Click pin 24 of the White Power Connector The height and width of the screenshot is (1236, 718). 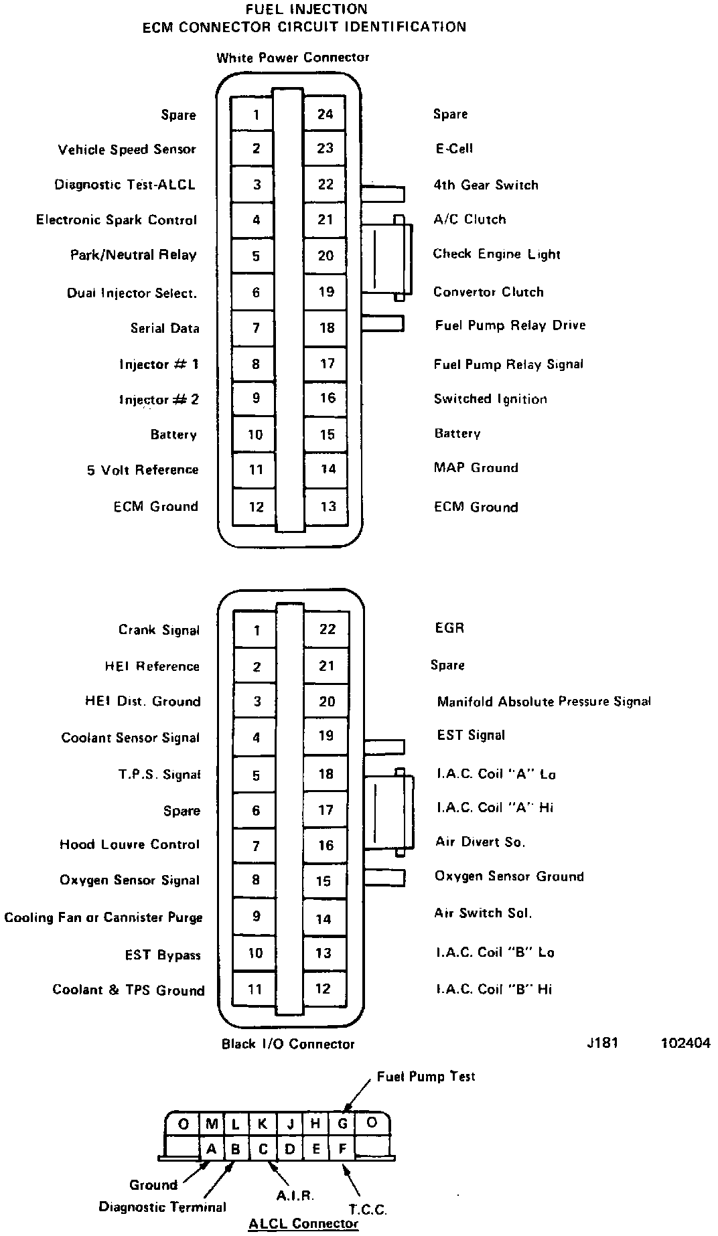click(326, 114)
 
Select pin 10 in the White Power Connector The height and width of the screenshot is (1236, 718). click(255, 435)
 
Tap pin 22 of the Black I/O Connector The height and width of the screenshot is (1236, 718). click(326, 629)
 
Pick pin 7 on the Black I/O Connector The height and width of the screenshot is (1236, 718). click(255, 846)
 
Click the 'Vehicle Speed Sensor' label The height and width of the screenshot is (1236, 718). click(127, 149)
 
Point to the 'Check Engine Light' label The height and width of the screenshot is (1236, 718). click(496, 254)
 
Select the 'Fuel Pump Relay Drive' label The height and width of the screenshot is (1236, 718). click(510, 325)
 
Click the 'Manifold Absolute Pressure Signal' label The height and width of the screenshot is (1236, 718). click(544, 702)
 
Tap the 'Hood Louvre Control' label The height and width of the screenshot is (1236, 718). click(130, 844)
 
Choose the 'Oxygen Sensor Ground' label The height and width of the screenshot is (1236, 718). click(509, 876)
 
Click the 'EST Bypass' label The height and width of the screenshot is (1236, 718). click(163, 955)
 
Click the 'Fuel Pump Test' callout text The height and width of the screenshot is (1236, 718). click(426, 1077)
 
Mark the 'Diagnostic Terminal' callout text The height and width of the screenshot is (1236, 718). click(163, 1207)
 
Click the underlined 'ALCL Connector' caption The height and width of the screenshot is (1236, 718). click(303, 1224)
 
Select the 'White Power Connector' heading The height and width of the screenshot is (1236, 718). click(293, 58)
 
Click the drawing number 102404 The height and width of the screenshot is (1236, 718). click(685, 1042)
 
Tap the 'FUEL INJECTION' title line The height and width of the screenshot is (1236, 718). click(306, 10)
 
